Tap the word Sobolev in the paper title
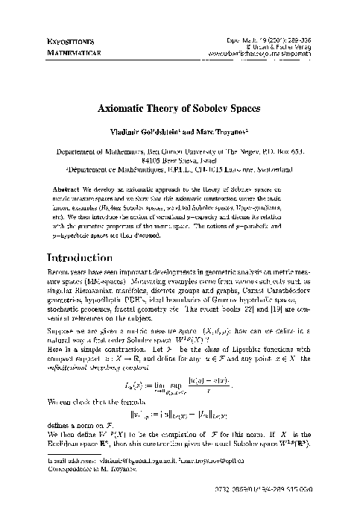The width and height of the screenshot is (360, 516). point(212,107)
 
